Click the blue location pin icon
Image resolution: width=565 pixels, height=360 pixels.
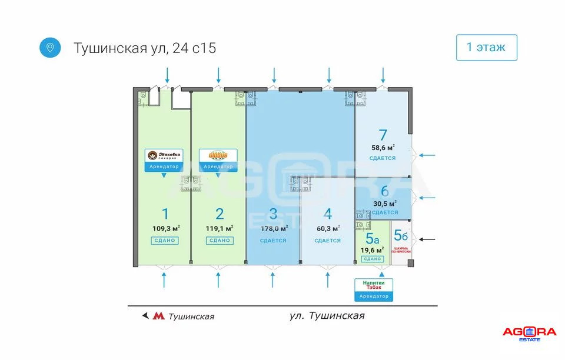click(50, 47)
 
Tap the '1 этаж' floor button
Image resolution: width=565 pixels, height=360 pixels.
click(486, 48)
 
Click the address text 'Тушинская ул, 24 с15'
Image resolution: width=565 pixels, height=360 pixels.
click(145, 48)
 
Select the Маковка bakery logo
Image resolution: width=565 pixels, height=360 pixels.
click(164, 155)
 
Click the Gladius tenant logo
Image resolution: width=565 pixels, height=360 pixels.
click(218, 155)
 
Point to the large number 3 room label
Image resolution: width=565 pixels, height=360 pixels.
click(273, 214)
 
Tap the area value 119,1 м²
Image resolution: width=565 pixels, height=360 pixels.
click(220, 228)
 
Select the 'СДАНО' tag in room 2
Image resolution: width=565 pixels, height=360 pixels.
click(220, 241)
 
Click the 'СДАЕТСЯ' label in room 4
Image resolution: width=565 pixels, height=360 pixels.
click(328, 241)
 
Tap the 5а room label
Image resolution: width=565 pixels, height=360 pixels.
click(372, 238)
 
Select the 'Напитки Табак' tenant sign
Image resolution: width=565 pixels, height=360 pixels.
click(373, 285)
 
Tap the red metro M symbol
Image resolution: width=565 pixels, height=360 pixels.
click(158, 316)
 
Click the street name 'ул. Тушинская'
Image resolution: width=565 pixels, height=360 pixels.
click(327, 316)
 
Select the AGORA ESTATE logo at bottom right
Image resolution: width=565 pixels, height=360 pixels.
click(529, 334)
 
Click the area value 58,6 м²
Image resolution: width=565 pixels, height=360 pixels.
click(383, 148)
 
